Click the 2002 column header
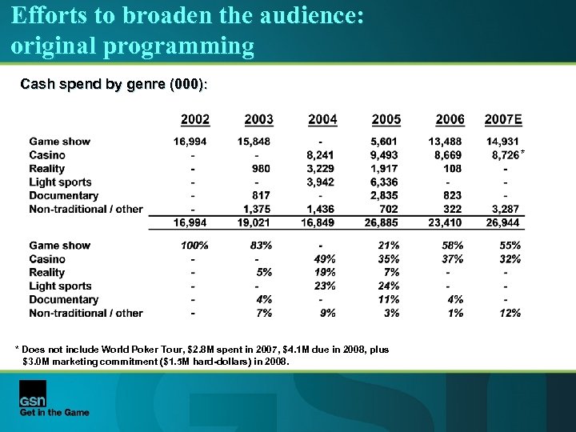click(195, 119)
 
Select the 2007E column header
click(503, 119)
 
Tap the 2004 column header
click(322, 119)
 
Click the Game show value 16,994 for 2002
click(191, 142)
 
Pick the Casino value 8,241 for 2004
click(322, 155)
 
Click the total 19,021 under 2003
click(255, 222)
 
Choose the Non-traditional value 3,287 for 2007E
click(506, 210)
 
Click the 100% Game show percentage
click(194, 246)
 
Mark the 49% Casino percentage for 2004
click(324, 259)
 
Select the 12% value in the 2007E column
click(510, 313)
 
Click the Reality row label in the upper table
click(47, 169)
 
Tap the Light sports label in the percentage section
click(61, 286)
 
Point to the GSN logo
click(33, 394)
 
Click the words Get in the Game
click(54, 413)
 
